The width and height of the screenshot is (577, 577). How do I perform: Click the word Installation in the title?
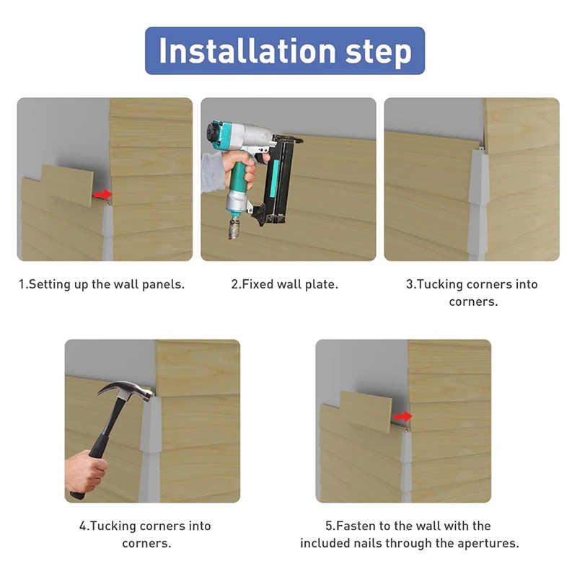[247, 50]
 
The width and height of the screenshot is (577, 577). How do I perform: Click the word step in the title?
[379, 52]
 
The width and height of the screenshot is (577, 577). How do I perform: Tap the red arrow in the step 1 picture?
[102, 194]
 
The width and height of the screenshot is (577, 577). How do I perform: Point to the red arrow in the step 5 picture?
[403, 416]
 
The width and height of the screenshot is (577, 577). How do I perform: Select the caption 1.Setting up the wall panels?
[102, 284]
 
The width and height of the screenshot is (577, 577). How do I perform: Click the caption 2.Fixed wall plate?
[284, 284]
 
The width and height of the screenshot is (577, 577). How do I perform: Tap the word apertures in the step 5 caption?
[488, 544]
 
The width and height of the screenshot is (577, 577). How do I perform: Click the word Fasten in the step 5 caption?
[356, 526]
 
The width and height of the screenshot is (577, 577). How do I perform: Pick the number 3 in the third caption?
[409, 284]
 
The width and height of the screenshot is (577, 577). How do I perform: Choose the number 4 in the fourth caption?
[83, 527]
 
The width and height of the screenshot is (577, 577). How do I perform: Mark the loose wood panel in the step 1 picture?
[66, 185]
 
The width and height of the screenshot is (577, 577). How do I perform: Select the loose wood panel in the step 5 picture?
[366, 412]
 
